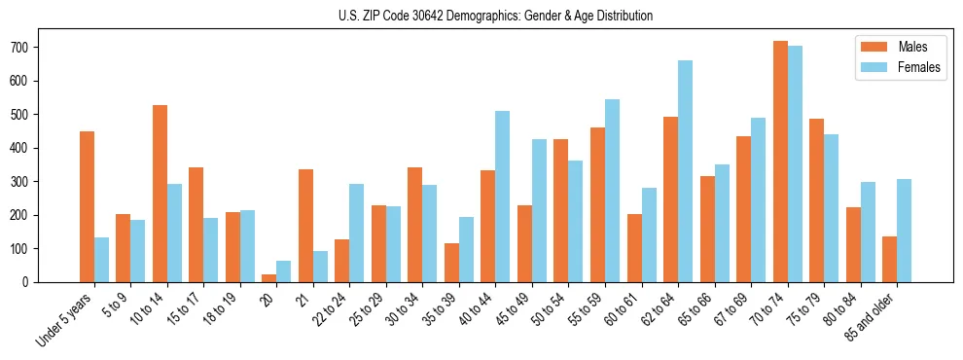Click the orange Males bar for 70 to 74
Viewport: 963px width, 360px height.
780,162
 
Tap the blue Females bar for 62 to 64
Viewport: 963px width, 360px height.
685,171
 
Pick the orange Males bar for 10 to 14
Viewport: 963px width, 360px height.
160,194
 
